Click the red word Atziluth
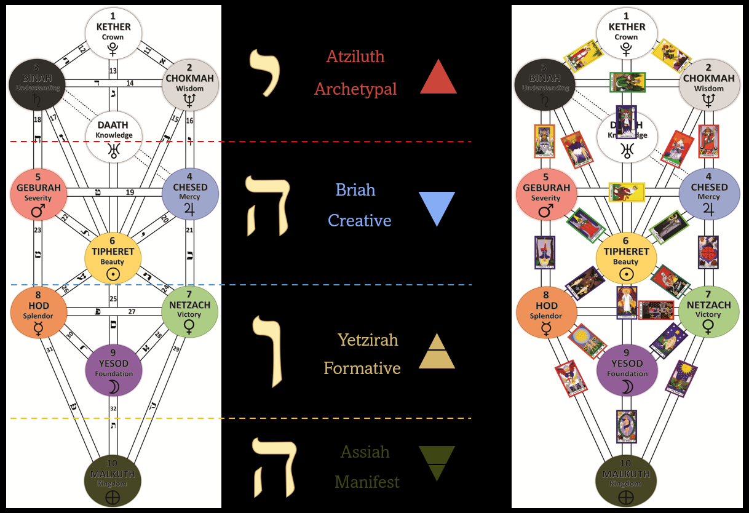coord(355,57)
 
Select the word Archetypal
coord(355,89)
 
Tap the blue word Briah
coord(355,189)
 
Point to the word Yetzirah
coord(368,340)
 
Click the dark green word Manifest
coord(367,482)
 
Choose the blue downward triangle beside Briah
coord(437,207)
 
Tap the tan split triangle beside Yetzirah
coord(437,352)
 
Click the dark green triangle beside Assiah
coord(437,463)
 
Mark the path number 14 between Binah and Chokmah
coord(130,83)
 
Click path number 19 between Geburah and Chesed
coord(130,193)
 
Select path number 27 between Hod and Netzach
coord(132,312)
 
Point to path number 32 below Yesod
coord(113,408)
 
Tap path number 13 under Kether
coord(113,71)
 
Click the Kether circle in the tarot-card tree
coord(627,31)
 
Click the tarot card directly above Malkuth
coord(626,426)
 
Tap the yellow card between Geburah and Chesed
coord(627,193)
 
